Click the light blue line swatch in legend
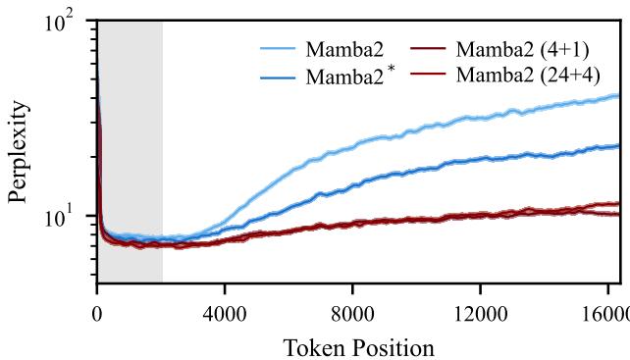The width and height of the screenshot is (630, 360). point(278,46)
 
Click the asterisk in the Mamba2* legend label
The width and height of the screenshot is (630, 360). point(394,67)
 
